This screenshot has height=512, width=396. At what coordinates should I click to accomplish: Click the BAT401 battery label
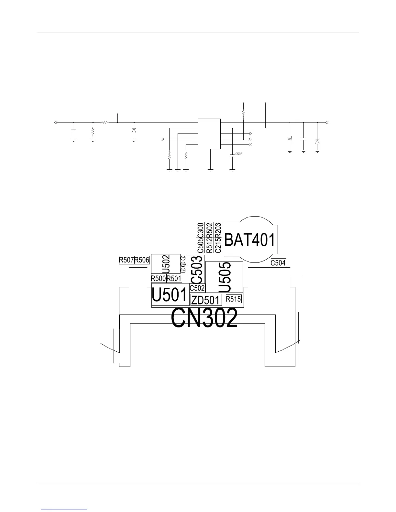(x=250, y=240)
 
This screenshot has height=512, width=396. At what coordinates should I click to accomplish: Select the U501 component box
(x=170, y=295)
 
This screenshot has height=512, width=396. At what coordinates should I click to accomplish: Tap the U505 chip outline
(x=225, y=277)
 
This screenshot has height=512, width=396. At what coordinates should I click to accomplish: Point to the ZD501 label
(x=206, y=300)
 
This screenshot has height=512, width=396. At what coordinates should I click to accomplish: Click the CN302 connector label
(x=204, y=318)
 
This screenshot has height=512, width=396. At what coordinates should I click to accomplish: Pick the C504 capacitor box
(x=278, y=263)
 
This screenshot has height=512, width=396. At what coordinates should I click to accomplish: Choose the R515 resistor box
(x=234, y=299)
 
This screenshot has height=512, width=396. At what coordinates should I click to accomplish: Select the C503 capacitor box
(x=196, y=269)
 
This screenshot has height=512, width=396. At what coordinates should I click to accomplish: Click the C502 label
(x=197, y=288)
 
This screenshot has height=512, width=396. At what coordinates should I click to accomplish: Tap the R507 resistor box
(x=126, y=260)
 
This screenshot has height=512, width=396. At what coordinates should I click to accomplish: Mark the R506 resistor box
(x=142, y=260)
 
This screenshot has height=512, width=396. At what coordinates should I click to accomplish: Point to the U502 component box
(x=166, y=264)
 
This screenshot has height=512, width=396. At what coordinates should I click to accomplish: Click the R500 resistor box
(x=159, y=278)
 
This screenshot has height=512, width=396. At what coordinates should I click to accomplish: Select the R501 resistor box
(x=174, y=278)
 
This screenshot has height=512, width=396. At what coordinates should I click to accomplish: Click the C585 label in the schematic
(x=238, y=154)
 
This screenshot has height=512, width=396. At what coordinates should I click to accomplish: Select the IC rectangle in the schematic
(x=209, y=134)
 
